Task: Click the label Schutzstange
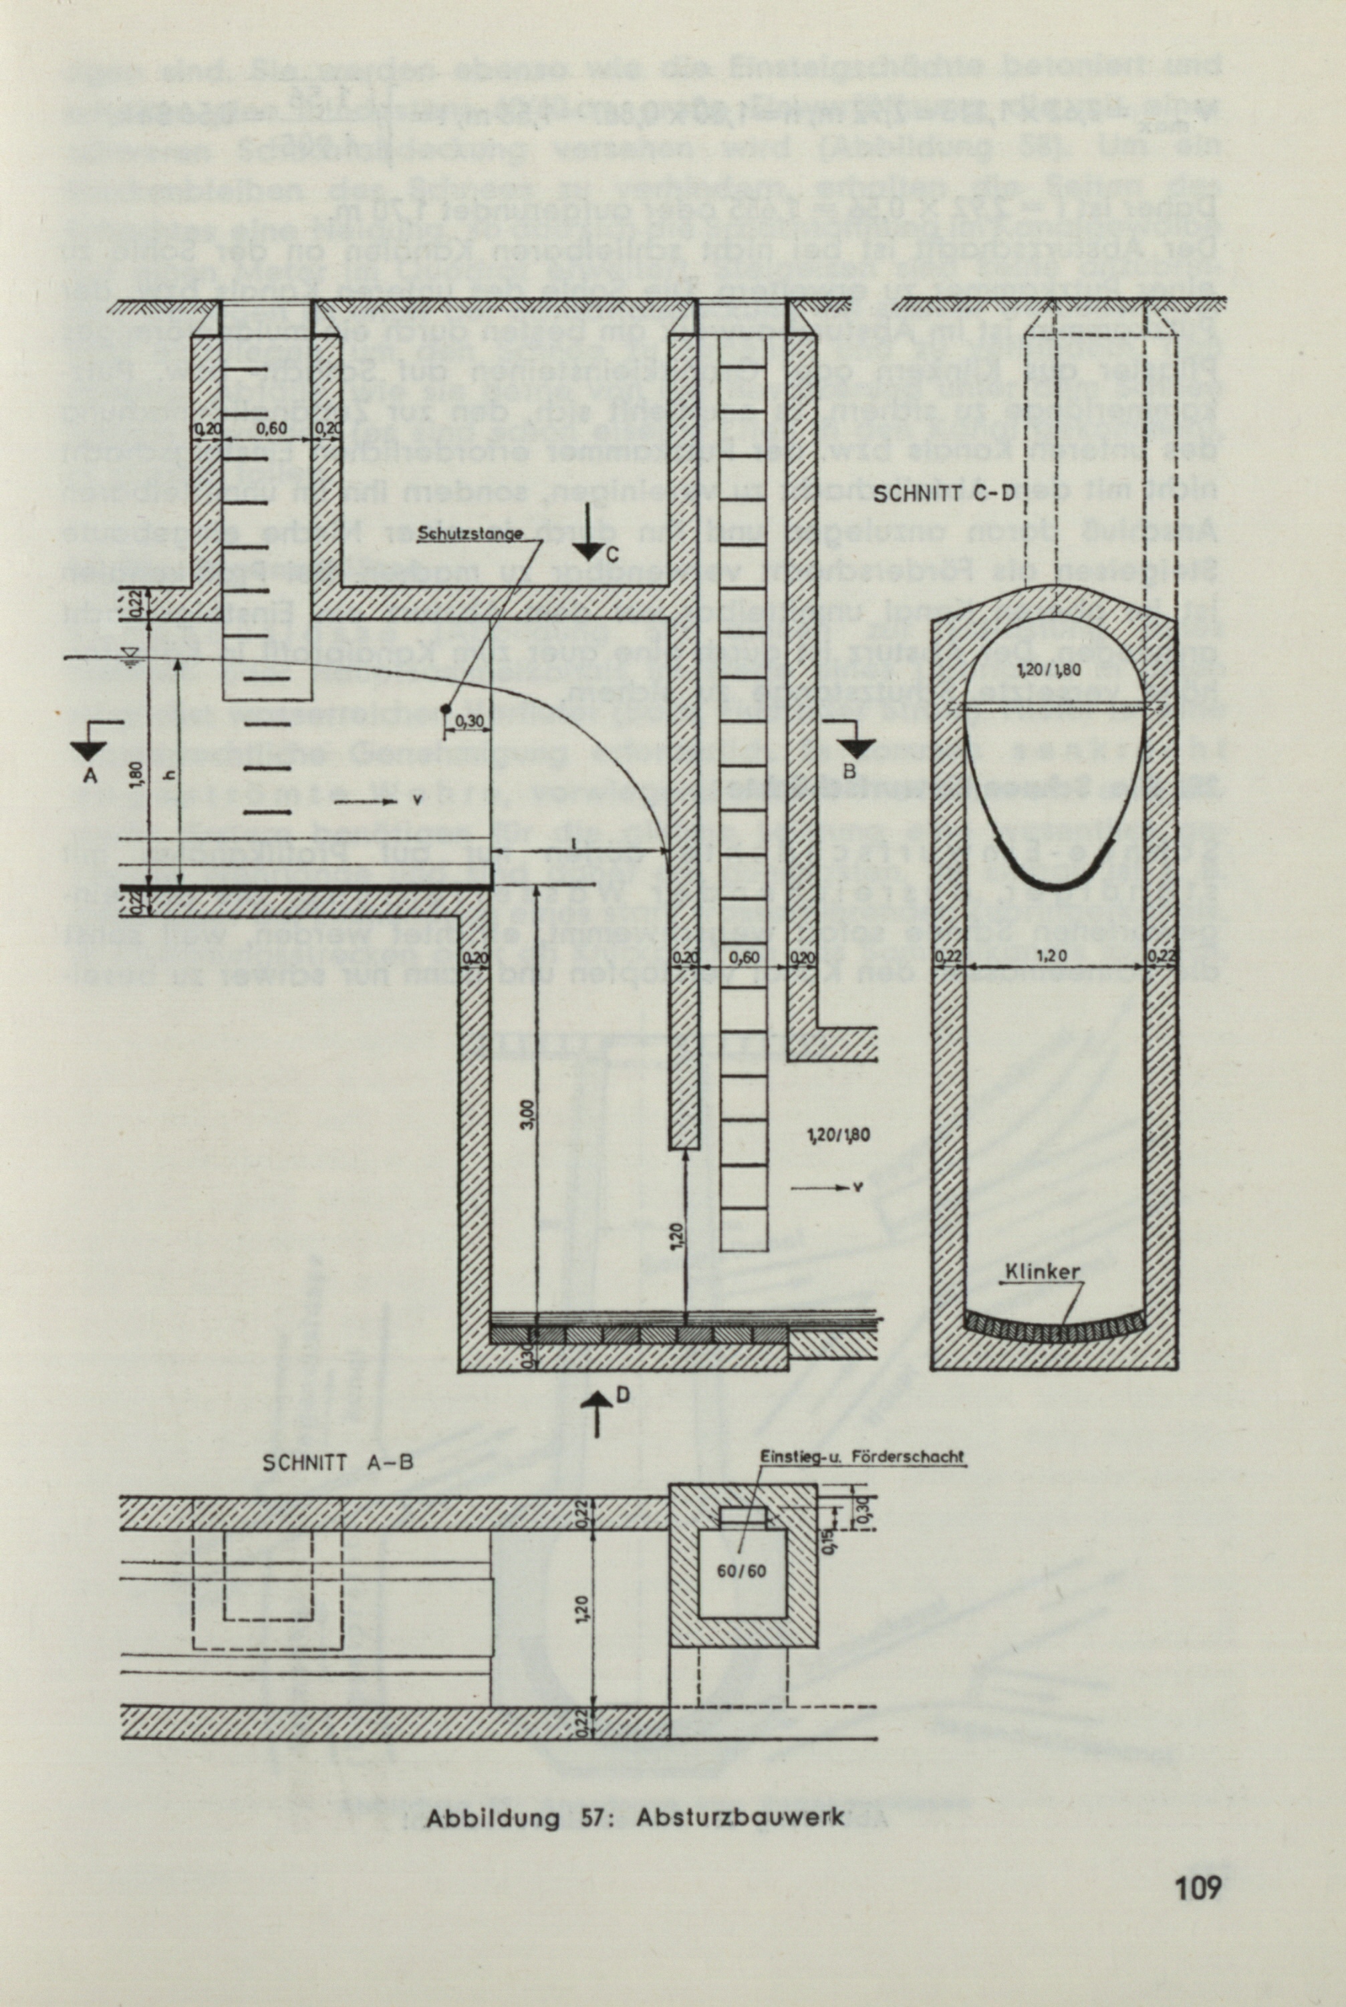(470, 533)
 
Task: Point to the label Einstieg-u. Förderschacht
(863, 1456)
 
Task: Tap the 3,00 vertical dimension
(529, 1114)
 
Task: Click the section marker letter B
(849, 770)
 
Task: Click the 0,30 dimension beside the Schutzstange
(468, 721)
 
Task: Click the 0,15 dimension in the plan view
(832, 1543)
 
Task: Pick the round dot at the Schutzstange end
(446, 707)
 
